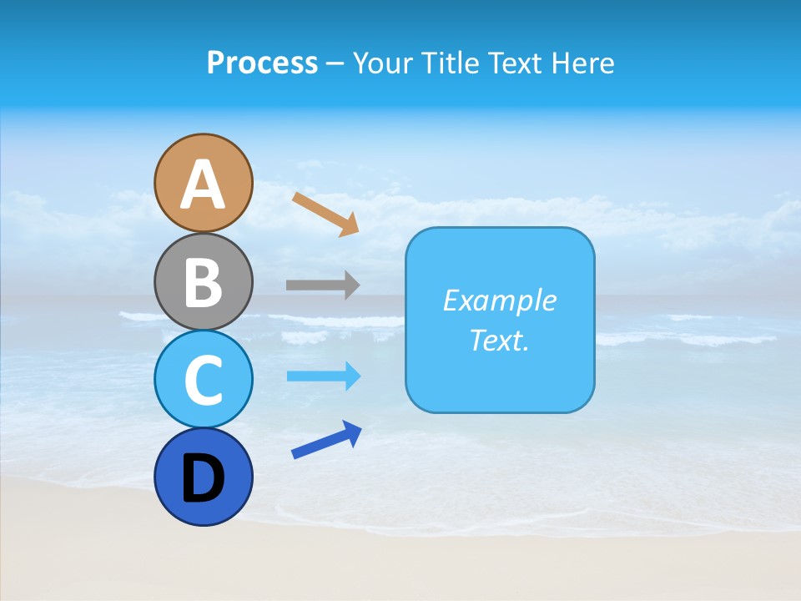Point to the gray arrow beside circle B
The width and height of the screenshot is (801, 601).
322,285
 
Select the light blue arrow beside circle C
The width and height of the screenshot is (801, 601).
322,376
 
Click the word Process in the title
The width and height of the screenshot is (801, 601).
262,63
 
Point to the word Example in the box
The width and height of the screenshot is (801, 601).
499,300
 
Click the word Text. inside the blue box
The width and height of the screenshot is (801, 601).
499,340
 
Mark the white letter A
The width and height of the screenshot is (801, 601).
203,185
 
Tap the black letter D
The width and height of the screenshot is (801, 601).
203,478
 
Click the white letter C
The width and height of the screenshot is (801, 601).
203,381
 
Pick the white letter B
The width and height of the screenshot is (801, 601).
203,282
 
